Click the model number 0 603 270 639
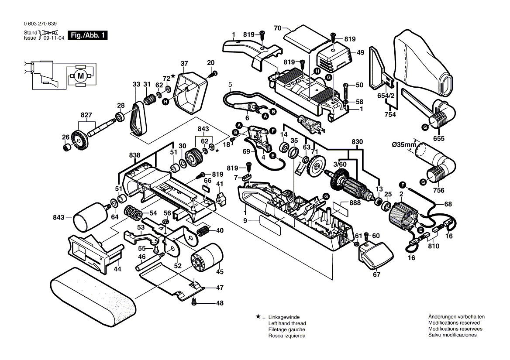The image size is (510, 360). point(40,24)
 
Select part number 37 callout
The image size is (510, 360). point(184,63)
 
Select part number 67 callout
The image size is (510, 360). point(376,274)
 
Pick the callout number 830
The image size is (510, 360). point(358,141)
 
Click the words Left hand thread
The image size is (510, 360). point(287,323)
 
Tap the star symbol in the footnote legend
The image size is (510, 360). point(259,317)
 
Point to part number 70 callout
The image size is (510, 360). point(277,28)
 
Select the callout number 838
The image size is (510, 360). point(135,155)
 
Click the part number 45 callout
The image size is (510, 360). point(220,271)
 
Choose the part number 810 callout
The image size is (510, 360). point(434,246)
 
